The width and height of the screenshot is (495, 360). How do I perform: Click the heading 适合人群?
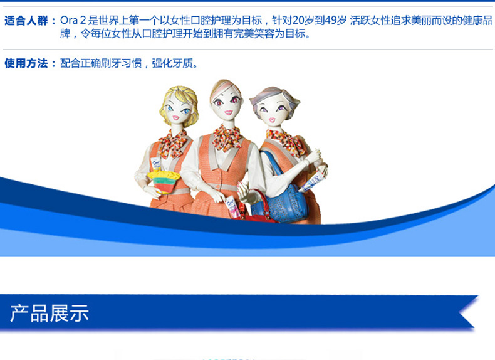coord(26,21)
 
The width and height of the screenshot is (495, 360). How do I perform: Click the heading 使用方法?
coord(26,63)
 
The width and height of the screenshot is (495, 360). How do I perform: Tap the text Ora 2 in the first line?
coord(73,21)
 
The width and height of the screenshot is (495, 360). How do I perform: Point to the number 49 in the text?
coord(331,21)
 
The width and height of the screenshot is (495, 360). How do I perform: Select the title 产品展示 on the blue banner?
coord(49,313)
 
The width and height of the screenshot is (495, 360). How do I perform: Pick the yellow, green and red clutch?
coord(163,181)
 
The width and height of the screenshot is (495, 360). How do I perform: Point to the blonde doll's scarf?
coord(173,144)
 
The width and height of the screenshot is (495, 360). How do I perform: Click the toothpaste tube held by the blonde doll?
coord(155,164)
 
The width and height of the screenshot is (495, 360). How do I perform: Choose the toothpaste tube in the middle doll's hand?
coord(232,206)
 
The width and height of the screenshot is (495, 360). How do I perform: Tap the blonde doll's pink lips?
coord(176,118)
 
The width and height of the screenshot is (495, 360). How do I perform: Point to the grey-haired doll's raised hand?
coord(314,156)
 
